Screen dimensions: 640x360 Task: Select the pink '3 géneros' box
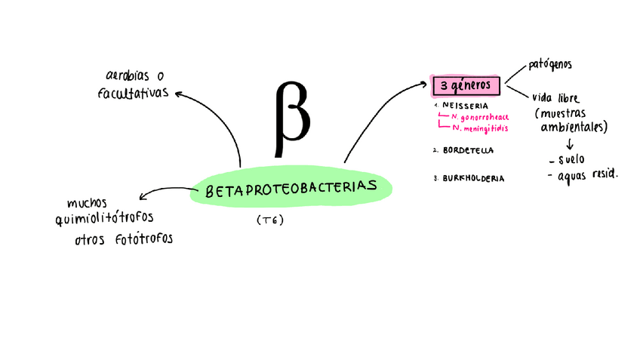tap(465, 85)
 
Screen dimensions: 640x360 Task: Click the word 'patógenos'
tap(549, 66)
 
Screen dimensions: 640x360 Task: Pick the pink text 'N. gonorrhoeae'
tap(480, 117)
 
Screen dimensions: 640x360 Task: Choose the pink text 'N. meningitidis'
tap(480, 128)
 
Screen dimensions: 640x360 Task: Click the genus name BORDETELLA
tap(468, 150)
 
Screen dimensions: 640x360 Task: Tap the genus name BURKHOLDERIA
tap(473, 179)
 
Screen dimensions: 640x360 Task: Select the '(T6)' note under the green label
tap(269, 220)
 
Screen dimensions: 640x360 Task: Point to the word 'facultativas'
tap(133, 94)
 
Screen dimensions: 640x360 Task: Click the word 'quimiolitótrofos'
tap(104, 218)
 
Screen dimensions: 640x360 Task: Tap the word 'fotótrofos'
tap(144, 239)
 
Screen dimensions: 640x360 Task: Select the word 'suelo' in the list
tap(571, 159)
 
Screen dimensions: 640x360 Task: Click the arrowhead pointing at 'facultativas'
tap(179, 94)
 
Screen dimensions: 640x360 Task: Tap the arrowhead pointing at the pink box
tap(424, 85)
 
